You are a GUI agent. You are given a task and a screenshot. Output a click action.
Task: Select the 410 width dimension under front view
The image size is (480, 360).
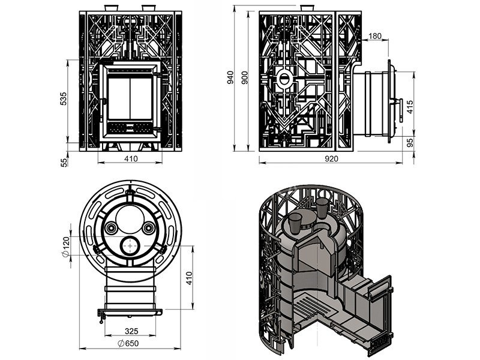[131, 159]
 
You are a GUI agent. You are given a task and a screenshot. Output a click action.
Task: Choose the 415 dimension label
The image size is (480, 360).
[410, 107]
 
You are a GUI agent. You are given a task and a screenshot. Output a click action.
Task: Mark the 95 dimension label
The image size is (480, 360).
[410, 144]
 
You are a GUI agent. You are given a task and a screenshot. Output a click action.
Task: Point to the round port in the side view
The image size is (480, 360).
[284, 77]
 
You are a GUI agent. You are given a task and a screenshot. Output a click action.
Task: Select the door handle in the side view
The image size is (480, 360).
[398, 111]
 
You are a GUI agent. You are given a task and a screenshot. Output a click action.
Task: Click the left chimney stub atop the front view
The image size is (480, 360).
[112, 8]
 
